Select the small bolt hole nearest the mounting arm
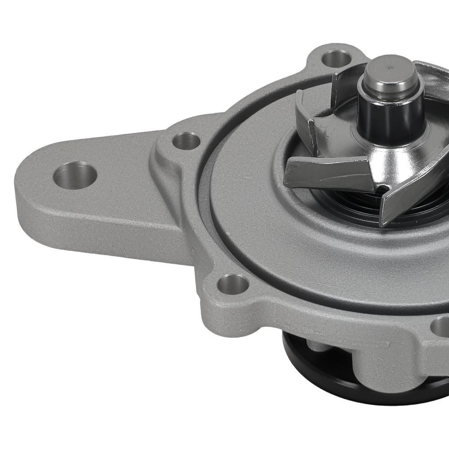tap(186, 141)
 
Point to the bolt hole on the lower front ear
tap(233, 284)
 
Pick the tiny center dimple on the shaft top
tap(389, 68)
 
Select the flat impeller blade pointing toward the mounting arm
tap(328, 173)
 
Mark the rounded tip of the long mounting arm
tap(27, 189)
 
